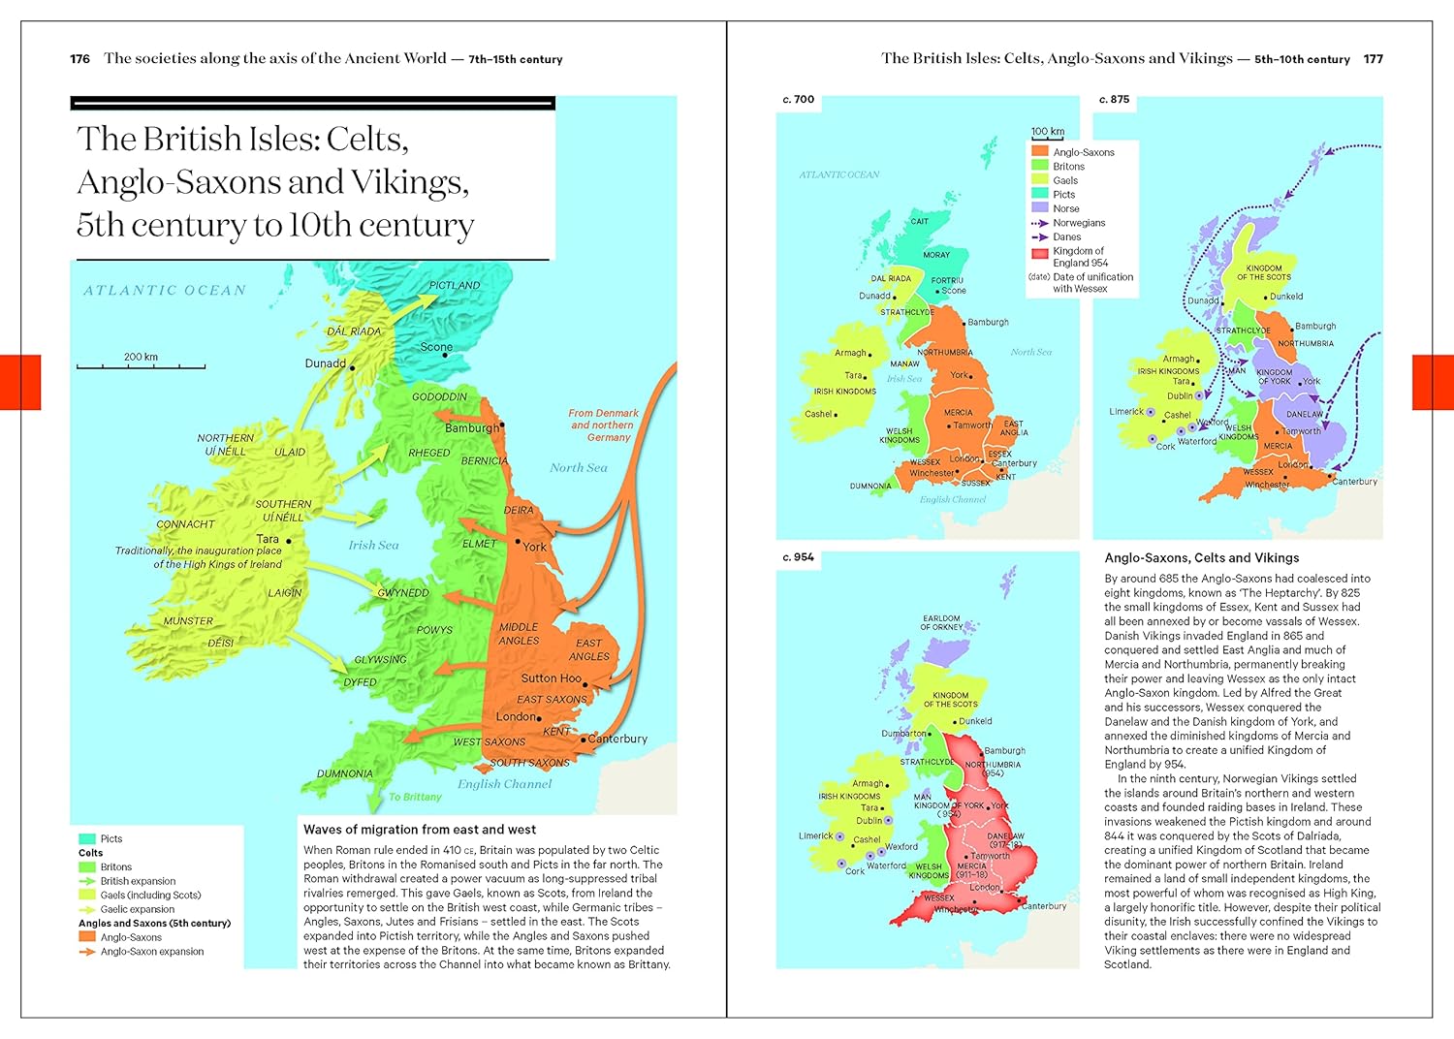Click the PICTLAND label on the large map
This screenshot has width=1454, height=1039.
(455, 285)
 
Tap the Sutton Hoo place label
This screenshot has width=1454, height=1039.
(552, 678)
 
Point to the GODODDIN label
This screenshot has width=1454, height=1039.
(439, 396)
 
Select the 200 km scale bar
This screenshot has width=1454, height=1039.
(141, 363)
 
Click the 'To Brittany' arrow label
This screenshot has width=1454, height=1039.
(415, 797)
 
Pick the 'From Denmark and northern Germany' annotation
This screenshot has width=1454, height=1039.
(603, 425)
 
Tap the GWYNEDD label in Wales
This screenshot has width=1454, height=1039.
(402, 592)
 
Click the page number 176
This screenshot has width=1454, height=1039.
(79, 59)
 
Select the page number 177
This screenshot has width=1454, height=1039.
(1373, 59)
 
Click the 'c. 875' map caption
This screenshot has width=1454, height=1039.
(1114, 100)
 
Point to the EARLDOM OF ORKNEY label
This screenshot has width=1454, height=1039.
(941, 622)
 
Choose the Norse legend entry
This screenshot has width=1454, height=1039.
(1065, 208)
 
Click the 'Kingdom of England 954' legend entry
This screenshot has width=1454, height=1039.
(1079, 257)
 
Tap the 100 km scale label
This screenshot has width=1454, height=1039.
(1047, 132)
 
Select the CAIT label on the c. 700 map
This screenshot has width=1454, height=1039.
(919, 221)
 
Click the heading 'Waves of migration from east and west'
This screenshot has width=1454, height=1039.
(420, 830)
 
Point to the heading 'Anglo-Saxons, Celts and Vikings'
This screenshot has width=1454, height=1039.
(1201, 558)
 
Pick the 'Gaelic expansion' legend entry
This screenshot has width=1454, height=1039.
(137, 909)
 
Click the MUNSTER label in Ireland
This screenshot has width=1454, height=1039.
(188, 620)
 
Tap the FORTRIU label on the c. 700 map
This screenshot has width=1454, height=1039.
(947, 280)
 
